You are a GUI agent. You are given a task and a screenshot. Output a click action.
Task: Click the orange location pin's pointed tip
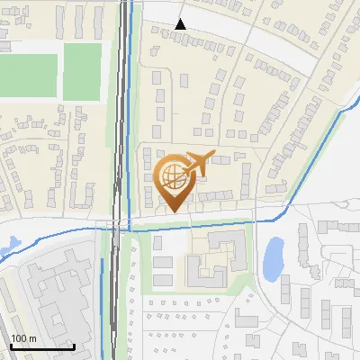point(171,212)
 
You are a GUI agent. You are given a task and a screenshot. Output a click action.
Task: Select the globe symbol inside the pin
point(172,178)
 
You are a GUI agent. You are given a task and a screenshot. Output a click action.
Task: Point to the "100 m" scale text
point(23,337)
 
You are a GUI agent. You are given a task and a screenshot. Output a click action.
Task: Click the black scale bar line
point(42,346)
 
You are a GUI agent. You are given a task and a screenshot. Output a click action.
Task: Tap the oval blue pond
point(274,257)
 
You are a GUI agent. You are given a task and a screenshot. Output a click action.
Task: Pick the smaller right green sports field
point(82,72)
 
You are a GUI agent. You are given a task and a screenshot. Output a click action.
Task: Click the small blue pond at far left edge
point(11,244)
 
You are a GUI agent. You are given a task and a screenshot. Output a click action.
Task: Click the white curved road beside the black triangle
point(234,27)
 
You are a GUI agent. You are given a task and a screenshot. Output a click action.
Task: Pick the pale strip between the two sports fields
point(58,72)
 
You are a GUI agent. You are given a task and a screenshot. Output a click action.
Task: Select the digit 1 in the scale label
point(13,337)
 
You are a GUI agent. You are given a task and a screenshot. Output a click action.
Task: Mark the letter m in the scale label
point(33,338)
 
